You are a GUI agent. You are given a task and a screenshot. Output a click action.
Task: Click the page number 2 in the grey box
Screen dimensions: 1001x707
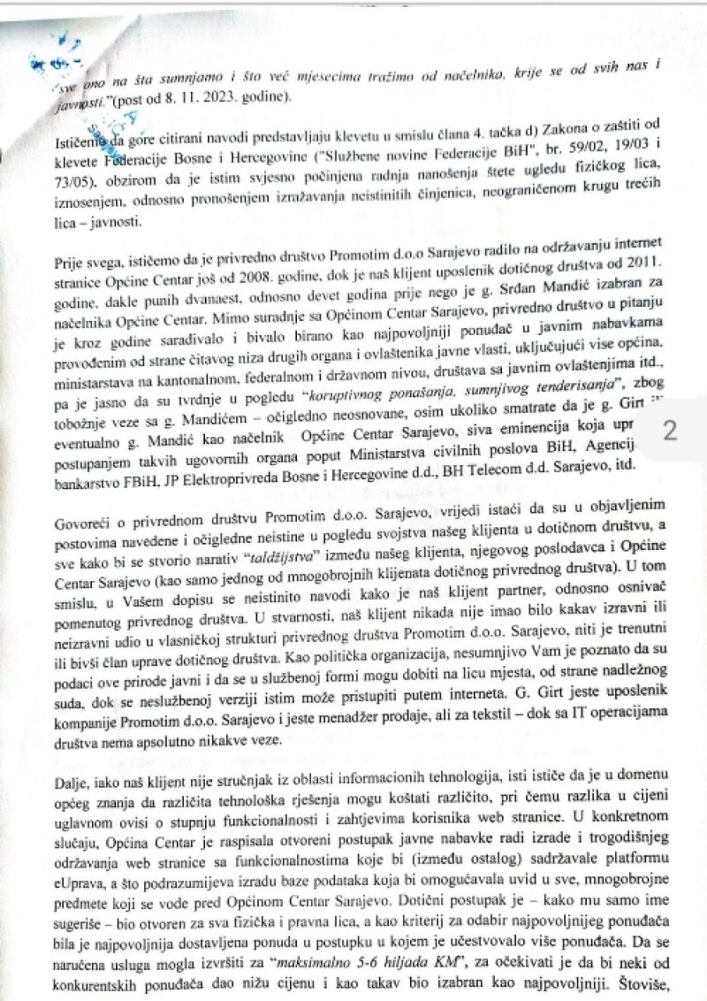point(669,431)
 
